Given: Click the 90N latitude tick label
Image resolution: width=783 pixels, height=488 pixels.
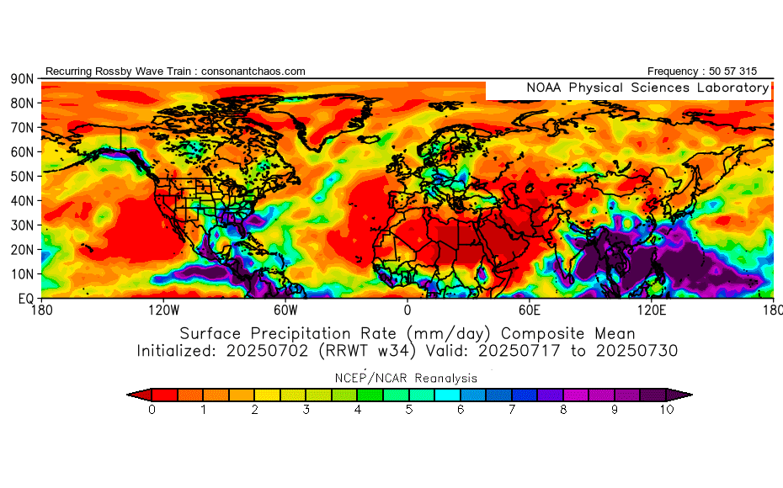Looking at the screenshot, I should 21,79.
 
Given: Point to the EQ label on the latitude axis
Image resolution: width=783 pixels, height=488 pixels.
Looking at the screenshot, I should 24,298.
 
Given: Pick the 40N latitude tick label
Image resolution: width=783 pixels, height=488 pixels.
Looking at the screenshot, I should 21,201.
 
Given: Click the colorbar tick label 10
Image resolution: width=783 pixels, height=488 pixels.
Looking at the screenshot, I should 667,410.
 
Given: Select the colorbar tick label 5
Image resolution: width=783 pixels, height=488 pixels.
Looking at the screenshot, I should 409,410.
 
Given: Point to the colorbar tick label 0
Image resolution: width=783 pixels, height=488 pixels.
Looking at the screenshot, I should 152,410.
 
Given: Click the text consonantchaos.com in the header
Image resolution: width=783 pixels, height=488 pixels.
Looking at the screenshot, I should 253,72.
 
